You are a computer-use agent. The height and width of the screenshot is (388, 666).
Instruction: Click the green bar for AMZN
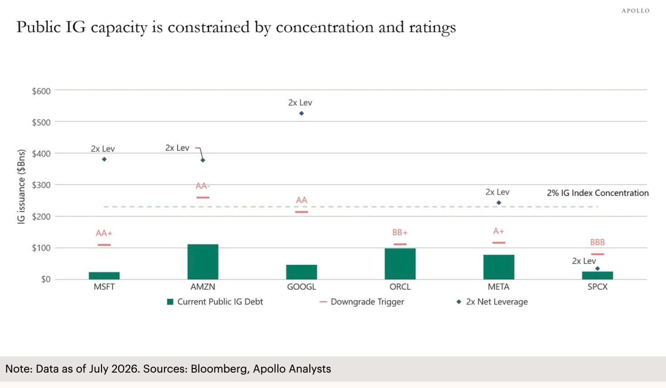pyautogui.click(x=203, y=262)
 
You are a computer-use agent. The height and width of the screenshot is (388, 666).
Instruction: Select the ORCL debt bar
pyautogui.click(x=400, y=264)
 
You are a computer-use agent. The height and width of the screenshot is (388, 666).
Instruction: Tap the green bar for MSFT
pyautogui.click(x=104, y=276)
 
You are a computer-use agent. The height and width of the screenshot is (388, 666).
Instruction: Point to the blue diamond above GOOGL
pyautogui.click(x=301, y=113)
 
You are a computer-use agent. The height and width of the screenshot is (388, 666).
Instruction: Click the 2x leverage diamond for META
pyautogui.click(x=499, y=203)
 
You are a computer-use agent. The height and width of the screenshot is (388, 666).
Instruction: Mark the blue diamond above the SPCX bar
pyautogui.click(x=598, y=268)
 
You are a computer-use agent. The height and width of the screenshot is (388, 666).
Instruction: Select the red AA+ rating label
pyautogui.click(x=104, y=233)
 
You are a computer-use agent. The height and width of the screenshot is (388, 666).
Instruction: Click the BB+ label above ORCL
pyautogui.click(x=400, y=233)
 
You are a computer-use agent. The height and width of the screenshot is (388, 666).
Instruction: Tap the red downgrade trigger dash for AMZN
pyautogui.click(x=203, y=198)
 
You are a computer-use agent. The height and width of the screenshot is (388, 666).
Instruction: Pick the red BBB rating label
pyautogui.click(x=598, y=242)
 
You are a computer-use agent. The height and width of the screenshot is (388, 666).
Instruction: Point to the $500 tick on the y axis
pyautogui.click(x=41, y=122)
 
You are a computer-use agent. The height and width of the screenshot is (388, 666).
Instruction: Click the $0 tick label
pyautogui.click(x=46, y=279)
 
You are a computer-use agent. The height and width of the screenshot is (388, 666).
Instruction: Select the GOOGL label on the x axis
pyautogui.click(x=301, y=287)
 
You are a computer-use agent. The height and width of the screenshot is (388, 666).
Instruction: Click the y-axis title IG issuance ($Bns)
pyautogui.click(x=21, y=187)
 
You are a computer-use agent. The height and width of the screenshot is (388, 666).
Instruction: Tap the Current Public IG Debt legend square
pyautogui.click(x=170, y=302)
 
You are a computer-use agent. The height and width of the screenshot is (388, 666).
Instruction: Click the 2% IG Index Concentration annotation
pyautogui.click(x=598, y=193)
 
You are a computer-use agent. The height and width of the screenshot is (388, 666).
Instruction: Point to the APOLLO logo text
pyautogui.click(x=636, y=11)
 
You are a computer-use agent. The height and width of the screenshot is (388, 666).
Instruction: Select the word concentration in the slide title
pyautogui.click(x=325, y=27)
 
